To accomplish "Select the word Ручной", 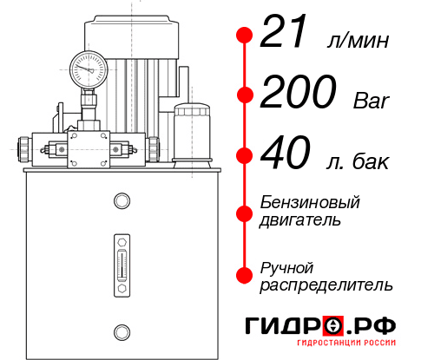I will [287, 267].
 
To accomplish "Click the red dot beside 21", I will [244, 36].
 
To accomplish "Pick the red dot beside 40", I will [244, 156].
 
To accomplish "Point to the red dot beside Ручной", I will [244, 275].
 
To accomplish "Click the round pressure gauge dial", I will [88, 67].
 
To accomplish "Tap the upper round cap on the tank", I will [121, 201].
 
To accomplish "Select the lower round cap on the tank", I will [121, 330].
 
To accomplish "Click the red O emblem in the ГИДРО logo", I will [332, 326].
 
